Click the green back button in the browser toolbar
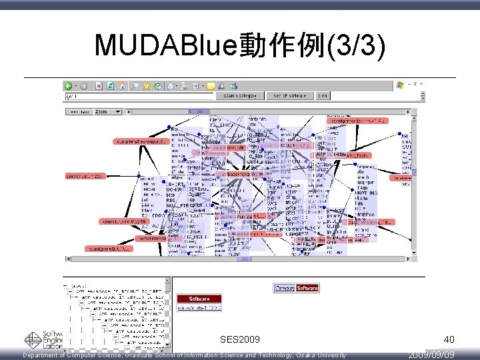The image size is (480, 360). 68,86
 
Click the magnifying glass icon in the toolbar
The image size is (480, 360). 135,86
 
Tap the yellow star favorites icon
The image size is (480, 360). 146,86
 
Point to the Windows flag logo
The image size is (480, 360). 400,85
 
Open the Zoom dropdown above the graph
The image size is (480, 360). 108,112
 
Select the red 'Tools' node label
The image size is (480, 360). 361,155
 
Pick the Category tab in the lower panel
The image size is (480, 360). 285,288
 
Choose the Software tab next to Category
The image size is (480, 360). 307,288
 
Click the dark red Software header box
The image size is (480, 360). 199,299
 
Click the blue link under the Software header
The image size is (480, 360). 199,308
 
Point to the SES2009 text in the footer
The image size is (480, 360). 240,340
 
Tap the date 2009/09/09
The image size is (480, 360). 431,355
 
